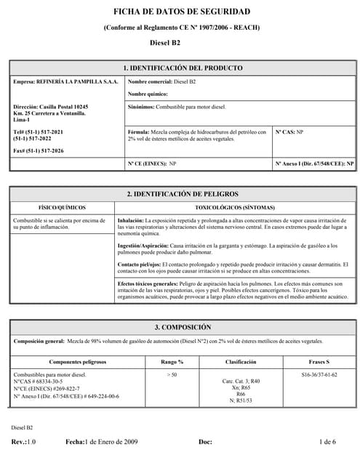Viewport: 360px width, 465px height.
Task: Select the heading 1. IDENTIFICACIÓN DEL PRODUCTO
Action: click(x=183, y=68)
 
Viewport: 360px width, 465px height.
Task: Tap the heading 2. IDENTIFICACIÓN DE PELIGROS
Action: click(x=183, y=194)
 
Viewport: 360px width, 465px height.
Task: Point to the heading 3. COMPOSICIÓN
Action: click(x=183, y=328)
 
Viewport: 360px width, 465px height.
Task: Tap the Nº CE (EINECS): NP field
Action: click(x=153, y=164)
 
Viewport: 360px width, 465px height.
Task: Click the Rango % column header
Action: click(x=172, y=361)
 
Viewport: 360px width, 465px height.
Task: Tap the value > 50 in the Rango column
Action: click(x=172, y=374)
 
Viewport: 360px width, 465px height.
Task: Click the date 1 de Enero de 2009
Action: click(x=111, y=442)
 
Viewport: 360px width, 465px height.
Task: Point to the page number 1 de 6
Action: click(x=327, y=442)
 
